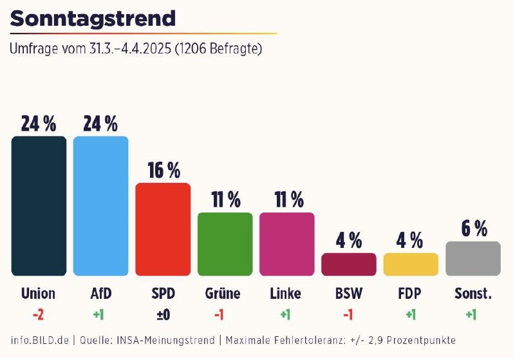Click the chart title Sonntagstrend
pos(93,18)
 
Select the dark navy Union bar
pos(39,206)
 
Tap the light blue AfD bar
pos(100,206)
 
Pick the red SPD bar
pos(163,229)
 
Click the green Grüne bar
pos(225,244)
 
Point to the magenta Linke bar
pos(286,244)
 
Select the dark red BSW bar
pos(348,264)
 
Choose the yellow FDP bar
pos(411,264)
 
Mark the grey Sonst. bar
pos(473,258)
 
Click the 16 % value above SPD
pos(164,170)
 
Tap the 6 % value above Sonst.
pos(473,228)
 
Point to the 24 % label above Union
pos(39,123)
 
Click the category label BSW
pos(348,294)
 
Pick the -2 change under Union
pos(39,314)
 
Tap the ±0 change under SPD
pos(163,314)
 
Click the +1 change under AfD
pos(100,314)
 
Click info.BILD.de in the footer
pos(39,339)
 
